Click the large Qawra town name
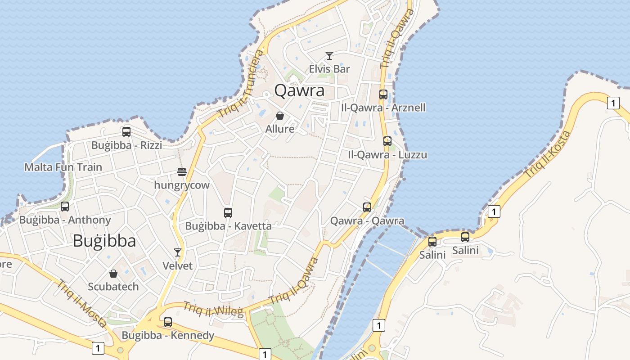[x=299, y=90]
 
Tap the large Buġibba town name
[x=104, y=241]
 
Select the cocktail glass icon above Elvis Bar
[x=329, y=56]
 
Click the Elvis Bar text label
[x=329, y=69]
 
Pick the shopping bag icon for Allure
[x=280, y=116]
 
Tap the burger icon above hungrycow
[x=182, y=172]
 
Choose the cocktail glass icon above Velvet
[x=178, y=252]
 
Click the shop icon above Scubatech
[x=113, y=274]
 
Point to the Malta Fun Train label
[x=63, y=167]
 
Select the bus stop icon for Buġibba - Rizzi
[x=126, y=132]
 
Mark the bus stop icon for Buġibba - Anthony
[x=65, y=207]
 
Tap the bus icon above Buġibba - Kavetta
[x=228, y=213]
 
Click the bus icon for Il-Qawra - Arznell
[x=383, y=94]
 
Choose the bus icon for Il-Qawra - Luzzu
[x=387, y=141]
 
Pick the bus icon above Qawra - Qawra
[x=367, y=207]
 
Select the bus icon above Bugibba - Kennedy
[x=168, y=322]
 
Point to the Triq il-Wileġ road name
[x=213, y=309]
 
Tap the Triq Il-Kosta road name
[x=547, y=154]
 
